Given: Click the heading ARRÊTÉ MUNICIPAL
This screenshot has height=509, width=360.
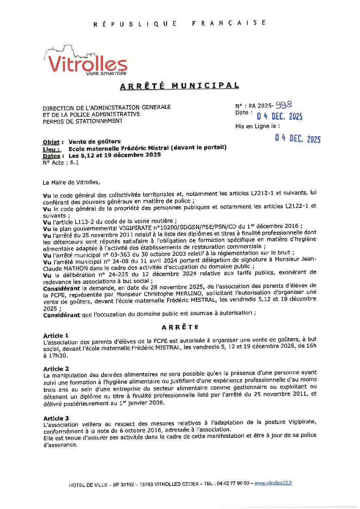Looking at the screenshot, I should point(179,86).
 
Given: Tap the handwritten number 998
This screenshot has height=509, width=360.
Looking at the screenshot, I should point(284,105).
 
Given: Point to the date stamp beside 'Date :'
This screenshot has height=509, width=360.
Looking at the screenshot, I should point(279,116).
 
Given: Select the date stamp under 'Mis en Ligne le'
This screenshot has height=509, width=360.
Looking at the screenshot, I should point(297,138).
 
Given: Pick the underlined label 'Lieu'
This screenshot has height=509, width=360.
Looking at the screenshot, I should point(51,149).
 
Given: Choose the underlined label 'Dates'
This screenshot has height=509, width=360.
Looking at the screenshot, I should point(51,156).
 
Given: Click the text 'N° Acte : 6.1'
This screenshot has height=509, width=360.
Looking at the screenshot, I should point(61,163).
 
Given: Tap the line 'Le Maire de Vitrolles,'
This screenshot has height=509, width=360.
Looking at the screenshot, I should point(71,182).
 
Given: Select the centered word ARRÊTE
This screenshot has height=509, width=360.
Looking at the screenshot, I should point(180,327).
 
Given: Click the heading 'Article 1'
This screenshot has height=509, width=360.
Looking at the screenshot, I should point(56,336).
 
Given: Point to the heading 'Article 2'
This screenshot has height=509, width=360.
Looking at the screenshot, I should point(56,369).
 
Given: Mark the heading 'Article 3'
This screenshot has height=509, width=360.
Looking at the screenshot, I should point(56,418).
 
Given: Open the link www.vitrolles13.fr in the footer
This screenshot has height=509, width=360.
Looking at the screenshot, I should point(273,483).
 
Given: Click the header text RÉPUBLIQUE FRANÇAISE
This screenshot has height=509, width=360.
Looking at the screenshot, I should point(179,23).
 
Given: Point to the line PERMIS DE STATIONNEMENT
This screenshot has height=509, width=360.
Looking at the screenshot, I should point(83,121).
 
